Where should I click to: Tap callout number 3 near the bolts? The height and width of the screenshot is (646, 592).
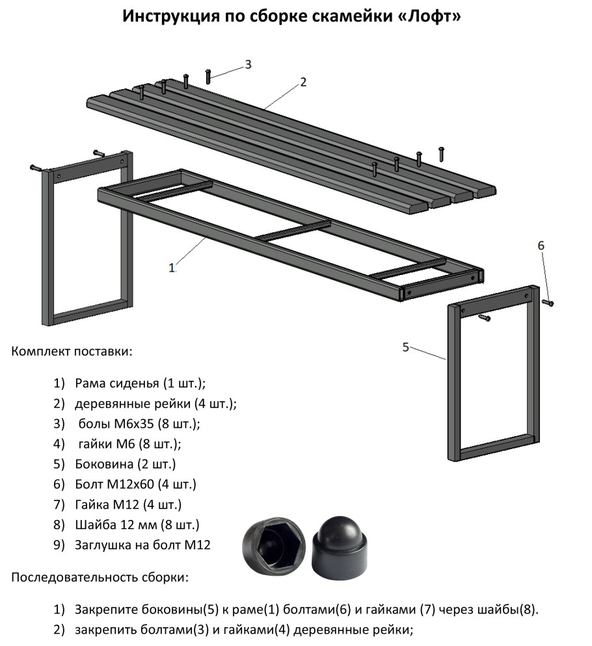[248, 64]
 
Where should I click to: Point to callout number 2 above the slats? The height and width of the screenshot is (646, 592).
[303, 82]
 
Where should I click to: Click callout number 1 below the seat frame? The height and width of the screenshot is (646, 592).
[172, 268]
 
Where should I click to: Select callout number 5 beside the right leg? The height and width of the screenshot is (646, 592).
[405, 347]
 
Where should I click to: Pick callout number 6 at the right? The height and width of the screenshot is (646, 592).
[541, 246]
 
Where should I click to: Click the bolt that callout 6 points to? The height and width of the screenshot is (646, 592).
[548, 303]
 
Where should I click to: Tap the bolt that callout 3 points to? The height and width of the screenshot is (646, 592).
[208, 76]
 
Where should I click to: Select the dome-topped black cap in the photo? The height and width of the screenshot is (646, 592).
[340, 546]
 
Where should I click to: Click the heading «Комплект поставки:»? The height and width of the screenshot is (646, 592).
[72, 352]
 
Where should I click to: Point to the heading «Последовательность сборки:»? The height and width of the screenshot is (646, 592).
[100, 577]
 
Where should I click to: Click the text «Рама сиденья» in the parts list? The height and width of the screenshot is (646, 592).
[116, 383]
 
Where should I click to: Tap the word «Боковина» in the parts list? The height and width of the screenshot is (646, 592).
[104, 464]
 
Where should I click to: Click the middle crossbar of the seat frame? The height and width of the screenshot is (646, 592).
[293, 231]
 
